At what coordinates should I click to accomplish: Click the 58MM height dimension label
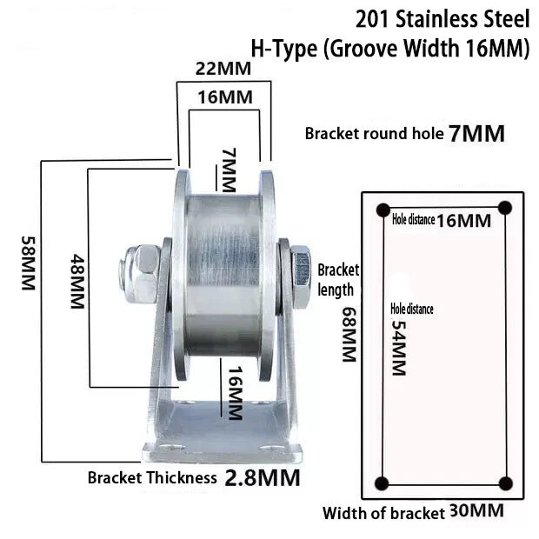[29, 263]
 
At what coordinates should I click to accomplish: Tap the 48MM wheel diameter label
[77, 281]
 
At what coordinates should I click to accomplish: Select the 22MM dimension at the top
[223, 69]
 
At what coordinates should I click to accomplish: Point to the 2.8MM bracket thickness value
[263, 478]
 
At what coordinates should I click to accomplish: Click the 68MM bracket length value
[349, 334]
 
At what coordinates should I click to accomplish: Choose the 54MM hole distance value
[399, 348]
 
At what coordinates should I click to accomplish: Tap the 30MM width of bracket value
[476, 511]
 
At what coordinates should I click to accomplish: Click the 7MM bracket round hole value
[476, 134]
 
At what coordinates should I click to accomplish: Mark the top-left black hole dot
[383, 210]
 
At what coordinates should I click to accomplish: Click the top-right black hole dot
[505, 208]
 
